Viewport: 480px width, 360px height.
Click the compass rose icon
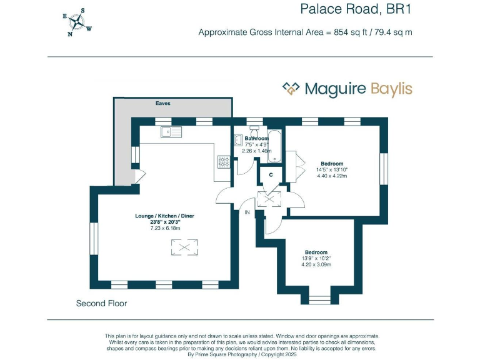[77, 22]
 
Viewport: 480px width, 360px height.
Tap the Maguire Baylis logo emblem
[291, 89]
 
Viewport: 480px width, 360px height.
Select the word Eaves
[163, 104]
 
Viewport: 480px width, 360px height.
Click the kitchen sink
[169, 132]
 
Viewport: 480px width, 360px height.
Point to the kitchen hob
[223, 162]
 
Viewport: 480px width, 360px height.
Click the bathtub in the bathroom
[275, 146]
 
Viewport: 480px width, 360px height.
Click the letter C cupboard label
[270, 176]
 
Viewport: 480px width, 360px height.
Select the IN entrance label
[247, 213]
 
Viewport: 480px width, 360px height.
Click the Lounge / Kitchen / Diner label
[165, 216]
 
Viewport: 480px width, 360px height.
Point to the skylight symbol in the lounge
[184, 248]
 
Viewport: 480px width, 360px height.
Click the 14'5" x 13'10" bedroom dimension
[332, 169]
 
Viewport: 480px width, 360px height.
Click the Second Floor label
[101, 304]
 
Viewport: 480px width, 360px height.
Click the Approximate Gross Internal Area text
[305, 32]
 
